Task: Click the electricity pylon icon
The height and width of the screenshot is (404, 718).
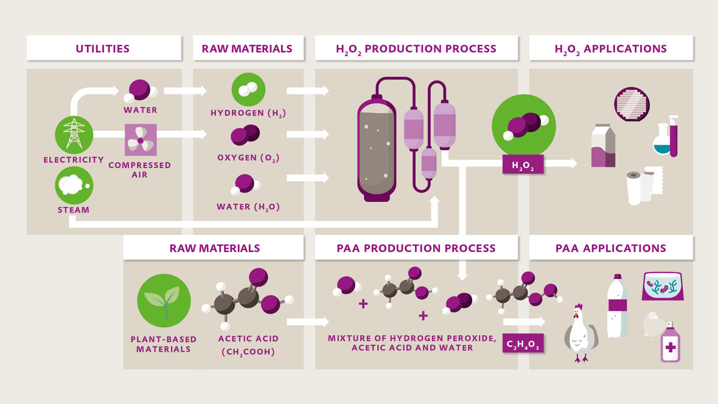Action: click(74, 134)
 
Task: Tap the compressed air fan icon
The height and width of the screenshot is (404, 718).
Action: click(141, 140)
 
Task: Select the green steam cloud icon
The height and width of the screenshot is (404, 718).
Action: click(74, 185)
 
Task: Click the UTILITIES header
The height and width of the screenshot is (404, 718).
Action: click(103, 49)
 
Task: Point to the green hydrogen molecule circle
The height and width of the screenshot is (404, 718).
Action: click(248, 89)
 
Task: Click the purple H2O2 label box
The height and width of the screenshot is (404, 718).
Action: click(523, 164)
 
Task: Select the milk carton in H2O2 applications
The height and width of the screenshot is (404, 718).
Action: click(604, 145)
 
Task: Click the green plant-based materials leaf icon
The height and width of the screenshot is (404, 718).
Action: click(164, 300)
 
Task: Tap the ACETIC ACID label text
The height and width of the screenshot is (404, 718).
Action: click(248, 339)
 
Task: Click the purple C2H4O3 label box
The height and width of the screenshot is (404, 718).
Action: click(523, 344)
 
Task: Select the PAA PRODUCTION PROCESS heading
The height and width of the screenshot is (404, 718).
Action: click(416, 248)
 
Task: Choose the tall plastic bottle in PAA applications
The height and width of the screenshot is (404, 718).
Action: click(618, 307)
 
